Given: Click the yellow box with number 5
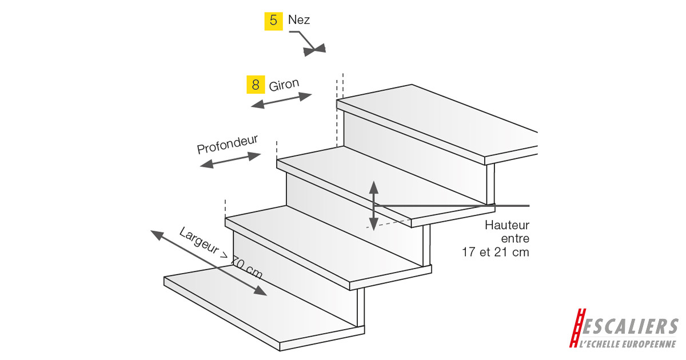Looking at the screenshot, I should (x=273, y=21).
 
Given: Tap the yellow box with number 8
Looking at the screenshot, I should (x=255, y=85).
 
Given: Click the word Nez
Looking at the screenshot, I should (x=300, y=20).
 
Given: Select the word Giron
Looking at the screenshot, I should (x=284, y=85).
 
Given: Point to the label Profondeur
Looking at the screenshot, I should (x=228, y=145).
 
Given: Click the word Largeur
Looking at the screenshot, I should (x=198, y=241).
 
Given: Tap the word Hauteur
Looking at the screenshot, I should (x=507, y=225).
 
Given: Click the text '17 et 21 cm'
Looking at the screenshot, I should (x=496, y=251).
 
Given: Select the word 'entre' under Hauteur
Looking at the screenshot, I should (x=515, y=238).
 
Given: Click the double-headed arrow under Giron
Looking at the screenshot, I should (x=282, y=101).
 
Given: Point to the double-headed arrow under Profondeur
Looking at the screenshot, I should (x=230, y=160).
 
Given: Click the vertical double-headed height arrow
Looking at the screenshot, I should (x=373, y=205).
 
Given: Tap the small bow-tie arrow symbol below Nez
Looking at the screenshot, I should (x=315, y=50).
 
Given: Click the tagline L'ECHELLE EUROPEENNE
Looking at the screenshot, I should (x=627, y=343).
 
